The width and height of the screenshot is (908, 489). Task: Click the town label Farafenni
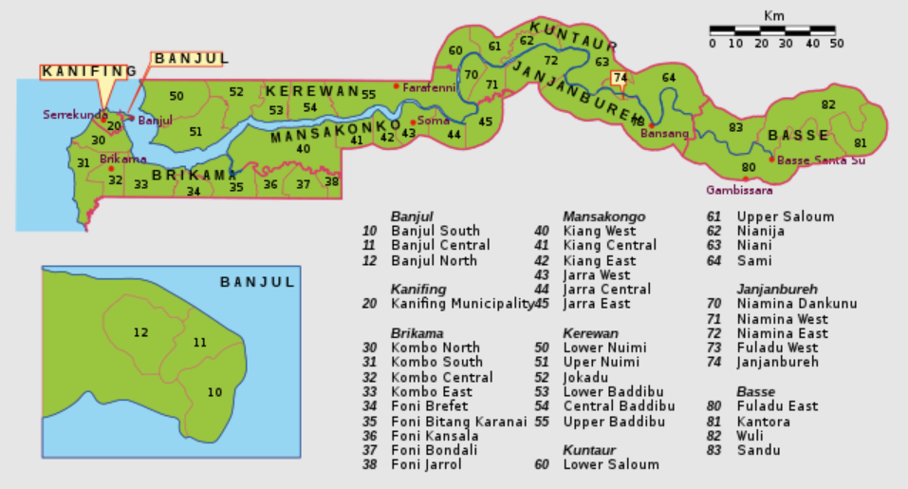(430, 87)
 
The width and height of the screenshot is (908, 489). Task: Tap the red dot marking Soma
(413, 122)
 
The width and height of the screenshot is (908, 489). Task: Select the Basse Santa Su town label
(821, 160)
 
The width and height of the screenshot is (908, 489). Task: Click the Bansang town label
(664, 133)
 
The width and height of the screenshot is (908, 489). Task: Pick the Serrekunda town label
(71, 115)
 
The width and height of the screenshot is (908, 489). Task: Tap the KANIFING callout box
(89, 71)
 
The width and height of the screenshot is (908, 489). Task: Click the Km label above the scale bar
(774, 15)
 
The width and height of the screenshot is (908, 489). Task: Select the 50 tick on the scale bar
(836, 44)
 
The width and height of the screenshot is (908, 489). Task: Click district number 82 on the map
(828, 104)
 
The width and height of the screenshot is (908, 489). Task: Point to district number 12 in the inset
(141, 332)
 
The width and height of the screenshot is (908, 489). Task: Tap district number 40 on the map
(304, 148)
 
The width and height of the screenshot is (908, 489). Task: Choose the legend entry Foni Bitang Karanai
(458, 421)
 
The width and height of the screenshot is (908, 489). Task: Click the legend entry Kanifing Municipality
(462, 304)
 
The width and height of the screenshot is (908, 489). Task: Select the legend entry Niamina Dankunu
(797, 304)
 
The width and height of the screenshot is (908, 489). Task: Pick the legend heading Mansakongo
(603, 216)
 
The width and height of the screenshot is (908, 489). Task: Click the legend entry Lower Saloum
(611, 464)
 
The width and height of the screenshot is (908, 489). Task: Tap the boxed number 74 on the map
(621, 78)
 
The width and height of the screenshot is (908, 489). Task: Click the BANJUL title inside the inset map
(257, 282)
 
